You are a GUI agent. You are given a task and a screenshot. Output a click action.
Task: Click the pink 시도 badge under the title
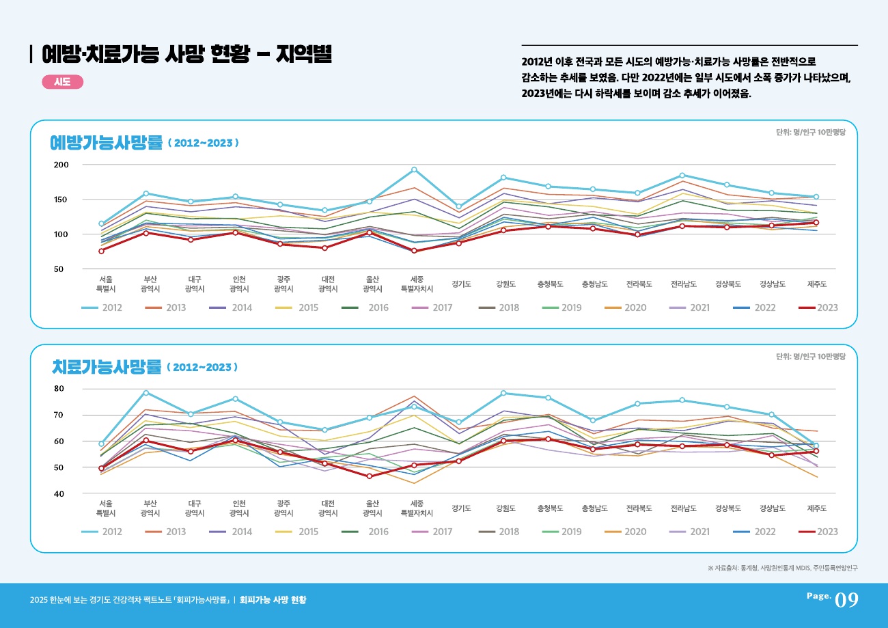click(x=62, y=82)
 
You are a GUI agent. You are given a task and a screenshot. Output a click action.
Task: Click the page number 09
click(x=846, y=600)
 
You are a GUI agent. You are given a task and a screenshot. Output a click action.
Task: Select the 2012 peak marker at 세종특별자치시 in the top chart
click(x=414, y=169)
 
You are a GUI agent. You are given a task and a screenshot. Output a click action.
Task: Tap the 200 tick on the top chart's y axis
click(x=61, y=165)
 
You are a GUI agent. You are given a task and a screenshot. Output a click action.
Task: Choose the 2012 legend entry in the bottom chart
click(x=102, y=532)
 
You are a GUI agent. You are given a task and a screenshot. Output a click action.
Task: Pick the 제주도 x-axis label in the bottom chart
click(x=816, y=508)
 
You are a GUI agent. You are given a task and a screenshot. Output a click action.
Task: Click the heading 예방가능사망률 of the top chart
click(x=107, y=142)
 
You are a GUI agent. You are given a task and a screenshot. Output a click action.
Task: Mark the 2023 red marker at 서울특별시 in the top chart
click(x=101, y=251)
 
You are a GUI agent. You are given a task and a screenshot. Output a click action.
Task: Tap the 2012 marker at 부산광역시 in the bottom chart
click(x=145, y=393)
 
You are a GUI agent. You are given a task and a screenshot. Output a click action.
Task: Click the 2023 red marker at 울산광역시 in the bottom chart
click(x=370, y=476)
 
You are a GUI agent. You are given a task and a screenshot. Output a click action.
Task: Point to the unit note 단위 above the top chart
click(x=811, y=133)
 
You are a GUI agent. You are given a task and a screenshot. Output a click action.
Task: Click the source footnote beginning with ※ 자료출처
click(x=783, y=568)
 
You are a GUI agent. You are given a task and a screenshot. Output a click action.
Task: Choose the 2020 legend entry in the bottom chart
click(x=624, y=532)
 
